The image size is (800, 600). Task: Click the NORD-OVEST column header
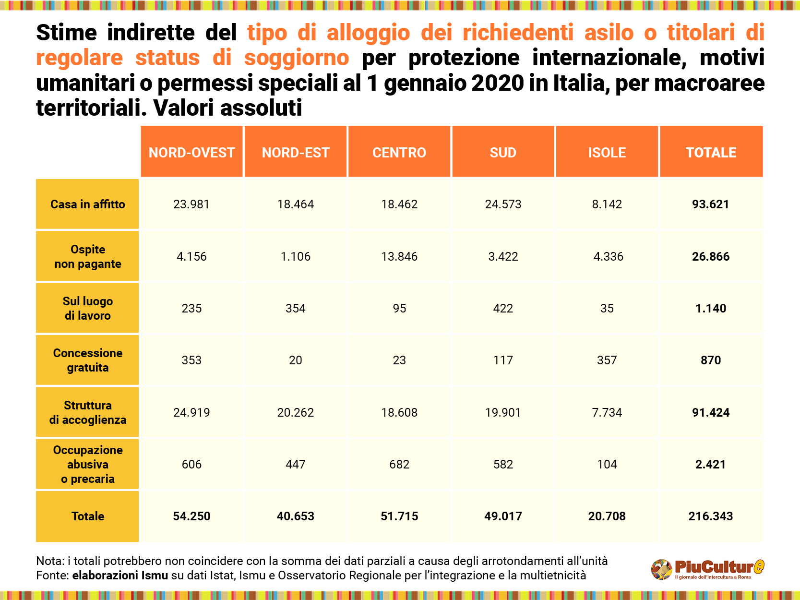(191, 153)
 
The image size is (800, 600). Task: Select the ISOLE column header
(607, 153)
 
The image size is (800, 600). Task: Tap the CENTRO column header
(399, 153)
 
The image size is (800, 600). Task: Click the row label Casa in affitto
(87, 204)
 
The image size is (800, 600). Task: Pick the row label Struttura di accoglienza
(87, 412)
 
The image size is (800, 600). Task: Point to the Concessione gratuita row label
(87, 360)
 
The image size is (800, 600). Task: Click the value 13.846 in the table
(399, 257)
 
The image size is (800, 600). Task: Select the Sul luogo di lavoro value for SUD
(503, 309)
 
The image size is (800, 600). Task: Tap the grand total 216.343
(710, 516)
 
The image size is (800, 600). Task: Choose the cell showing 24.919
(191, 413)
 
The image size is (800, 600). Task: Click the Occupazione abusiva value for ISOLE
(607, 465)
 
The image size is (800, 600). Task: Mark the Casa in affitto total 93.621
(710, 204)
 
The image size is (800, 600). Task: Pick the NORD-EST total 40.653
(295, 516)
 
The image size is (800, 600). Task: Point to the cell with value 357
(607, 360)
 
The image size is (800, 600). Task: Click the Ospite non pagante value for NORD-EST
(295, 257)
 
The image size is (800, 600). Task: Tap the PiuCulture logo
(707, 569)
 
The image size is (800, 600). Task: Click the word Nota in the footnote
(49, 561)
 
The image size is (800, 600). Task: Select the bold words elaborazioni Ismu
(120, 576)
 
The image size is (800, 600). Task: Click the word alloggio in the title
(368, 33)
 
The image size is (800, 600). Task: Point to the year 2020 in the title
(498, 83)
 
